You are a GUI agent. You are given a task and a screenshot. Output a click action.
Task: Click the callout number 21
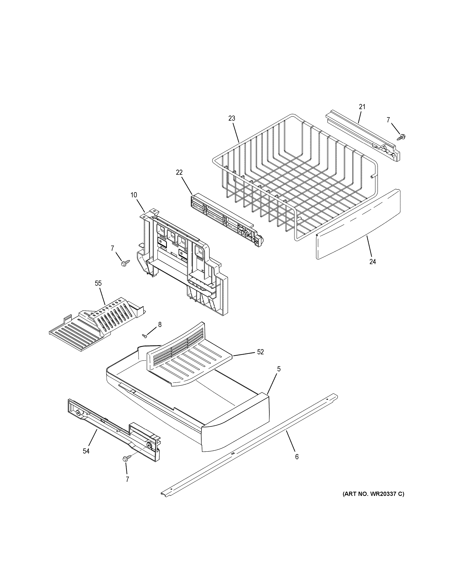[x=362, y=107]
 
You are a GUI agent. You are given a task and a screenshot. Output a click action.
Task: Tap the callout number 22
[x=179, y=173]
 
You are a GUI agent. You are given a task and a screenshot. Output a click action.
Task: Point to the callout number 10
[x=134, y=195]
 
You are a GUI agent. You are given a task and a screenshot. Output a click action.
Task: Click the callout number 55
[x=98, y=284]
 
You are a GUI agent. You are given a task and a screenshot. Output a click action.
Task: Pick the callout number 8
[x=160, y=325]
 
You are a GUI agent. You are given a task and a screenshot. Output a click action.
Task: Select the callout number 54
[x=86, y=451]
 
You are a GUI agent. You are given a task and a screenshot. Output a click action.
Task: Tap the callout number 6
[x=297, y=457]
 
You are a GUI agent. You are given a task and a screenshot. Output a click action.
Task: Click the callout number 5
[x=278, y=369]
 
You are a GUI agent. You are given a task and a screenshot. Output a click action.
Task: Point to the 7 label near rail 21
[x=388, y=120]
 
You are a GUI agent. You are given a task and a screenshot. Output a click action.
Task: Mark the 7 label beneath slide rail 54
[x=127, y=479]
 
